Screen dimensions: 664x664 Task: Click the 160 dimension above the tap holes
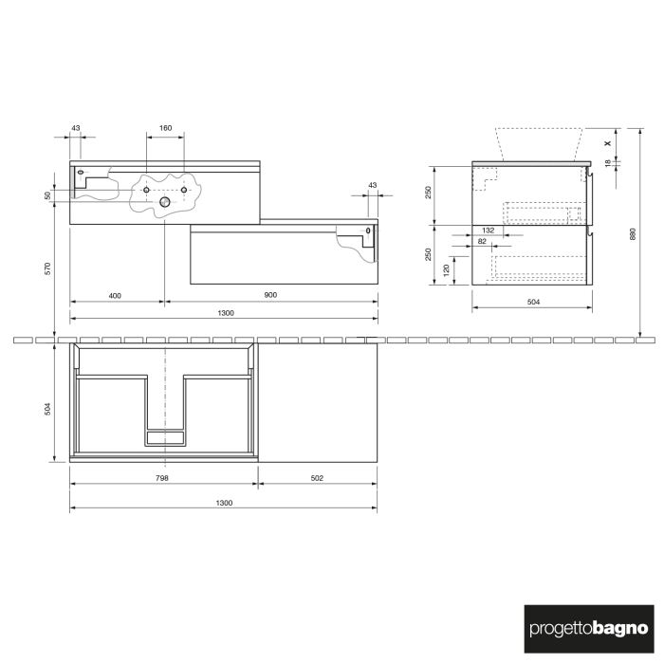(165, 128)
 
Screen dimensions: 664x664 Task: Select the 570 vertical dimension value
(48, 268)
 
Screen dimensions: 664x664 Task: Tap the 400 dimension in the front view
(115, 295)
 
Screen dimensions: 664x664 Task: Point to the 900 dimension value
(270, 295)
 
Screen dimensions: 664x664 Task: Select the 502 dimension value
(317, 478)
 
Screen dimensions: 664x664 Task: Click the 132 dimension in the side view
(489, 231)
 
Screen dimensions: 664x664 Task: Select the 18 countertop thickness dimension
(607, 164)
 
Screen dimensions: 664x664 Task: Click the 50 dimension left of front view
(48, 195)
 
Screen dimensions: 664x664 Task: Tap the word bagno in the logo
(621, 628)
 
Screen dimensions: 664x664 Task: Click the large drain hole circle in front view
(165, 202)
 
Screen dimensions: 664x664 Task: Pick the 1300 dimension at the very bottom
(223, 503)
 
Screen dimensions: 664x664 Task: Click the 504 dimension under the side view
(532, 302)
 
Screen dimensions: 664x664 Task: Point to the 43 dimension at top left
(76, 128)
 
